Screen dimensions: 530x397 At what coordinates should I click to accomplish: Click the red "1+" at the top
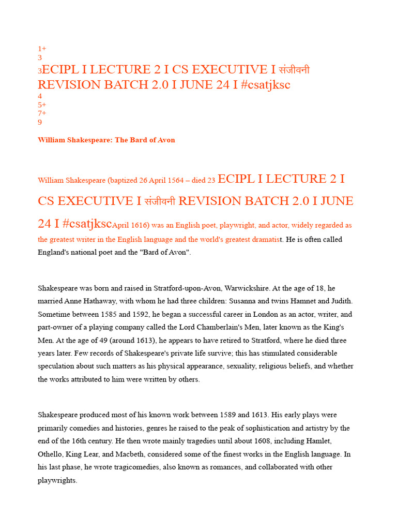[42, 49]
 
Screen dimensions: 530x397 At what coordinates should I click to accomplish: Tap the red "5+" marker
[42, 105]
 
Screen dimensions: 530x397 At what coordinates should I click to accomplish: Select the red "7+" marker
[42, 113]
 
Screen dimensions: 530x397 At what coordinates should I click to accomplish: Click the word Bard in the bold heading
[137, 140]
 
